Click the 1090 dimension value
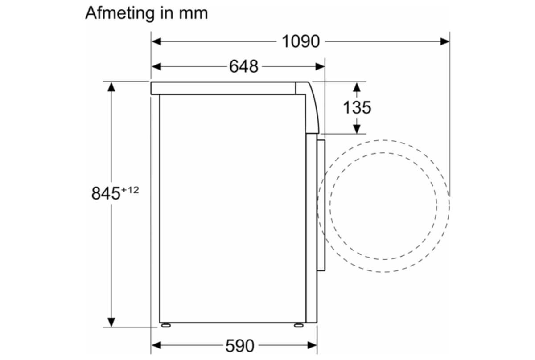tap(300, 41)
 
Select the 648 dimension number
tap(243, 66)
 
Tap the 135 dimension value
tap(357, 107)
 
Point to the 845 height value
tap(106, 193)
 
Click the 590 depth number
tap(239, 345)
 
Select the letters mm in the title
tap(193, 13)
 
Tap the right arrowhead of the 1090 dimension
tap(445, 41)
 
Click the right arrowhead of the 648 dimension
tap(320, 66)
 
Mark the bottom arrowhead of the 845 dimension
tap(111, 322)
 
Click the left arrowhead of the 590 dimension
tap(156, 345)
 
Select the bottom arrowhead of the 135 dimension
tap(357, 129)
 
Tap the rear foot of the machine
tap(166, 325)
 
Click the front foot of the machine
tap(299, 325)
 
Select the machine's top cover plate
tap(223, 88)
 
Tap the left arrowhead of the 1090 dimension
tap(156, 41)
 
